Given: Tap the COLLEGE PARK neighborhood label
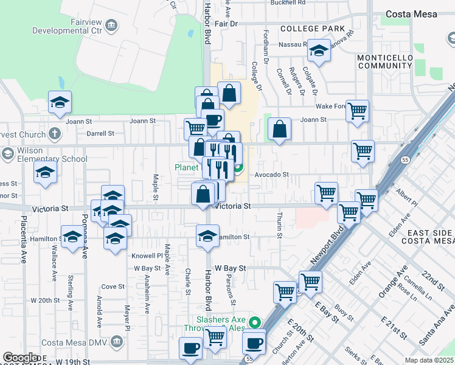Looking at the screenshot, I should tap(308, 29).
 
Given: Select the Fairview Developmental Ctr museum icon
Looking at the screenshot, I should tap(111, 24).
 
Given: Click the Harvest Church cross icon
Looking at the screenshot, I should tap(55, 133).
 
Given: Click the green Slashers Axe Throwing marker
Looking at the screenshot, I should tap(255, 322).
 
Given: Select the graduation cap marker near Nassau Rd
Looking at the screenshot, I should tap(318, 51).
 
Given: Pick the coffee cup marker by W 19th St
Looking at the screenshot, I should tap(190, 349).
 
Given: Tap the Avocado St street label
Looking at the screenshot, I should tap(271, 174).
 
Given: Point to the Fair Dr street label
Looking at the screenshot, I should tap(225, 24).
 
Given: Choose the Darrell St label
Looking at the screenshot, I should tap(100, 133).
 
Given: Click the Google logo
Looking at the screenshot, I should tap(21, 358).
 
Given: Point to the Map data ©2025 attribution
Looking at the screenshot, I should tap(428, 360).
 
